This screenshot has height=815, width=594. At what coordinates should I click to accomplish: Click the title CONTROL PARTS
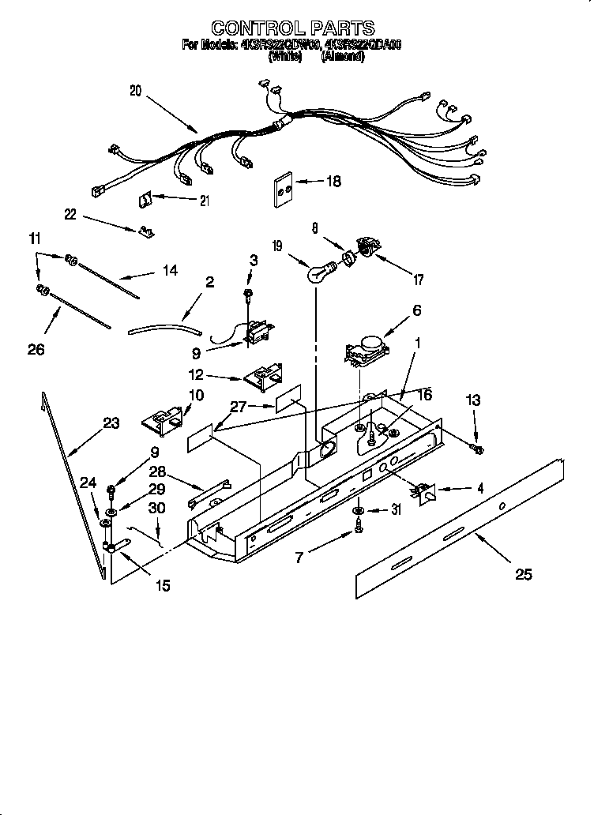tap(293, 29)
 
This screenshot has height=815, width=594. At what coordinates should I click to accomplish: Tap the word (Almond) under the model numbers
tap(342, 56)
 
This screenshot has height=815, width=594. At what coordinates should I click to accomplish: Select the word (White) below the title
tap(285, 56)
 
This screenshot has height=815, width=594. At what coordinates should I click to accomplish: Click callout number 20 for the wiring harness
tap(135, 91)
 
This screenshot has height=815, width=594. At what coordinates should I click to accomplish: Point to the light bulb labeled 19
tap(318, 273)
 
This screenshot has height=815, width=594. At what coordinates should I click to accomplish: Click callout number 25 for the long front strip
tap(523, 574)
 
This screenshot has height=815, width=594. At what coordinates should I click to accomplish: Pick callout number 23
tap(111, 423)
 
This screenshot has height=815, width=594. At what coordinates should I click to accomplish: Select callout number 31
tap(396, 510)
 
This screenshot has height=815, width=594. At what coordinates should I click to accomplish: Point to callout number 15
tap(163, 585)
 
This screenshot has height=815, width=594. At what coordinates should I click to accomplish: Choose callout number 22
tap(72, 212)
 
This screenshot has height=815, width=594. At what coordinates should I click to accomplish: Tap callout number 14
tap(169, 270)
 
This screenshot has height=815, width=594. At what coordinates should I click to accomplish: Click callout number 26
tap(36, 348)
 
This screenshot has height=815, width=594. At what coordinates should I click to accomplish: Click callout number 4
tap(479, 489)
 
